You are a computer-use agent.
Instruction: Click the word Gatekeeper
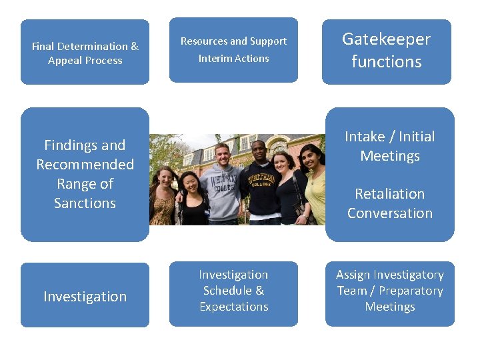pyautogui.click(x=386, y=39)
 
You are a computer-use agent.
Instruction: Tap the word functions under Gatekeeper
pyautogui.click(x=386, y=62)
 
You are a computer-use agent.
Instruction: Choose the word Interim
pyautogui.click(x=214, y=59)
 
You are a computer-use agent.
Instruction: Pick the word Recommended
pyautogui.click(x=85, y=165)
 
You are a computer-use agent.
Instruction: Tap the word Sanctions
pyautogui.click(x=85, y=203)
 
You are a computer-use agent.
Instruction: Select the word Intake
pyautogui.click(x=365, y=137)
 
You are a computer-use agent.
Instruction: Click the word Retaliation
pyautogui.click(x=389, y=194)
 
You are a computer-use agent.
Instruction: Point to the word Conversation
pyautogui.click(x=389, y=213)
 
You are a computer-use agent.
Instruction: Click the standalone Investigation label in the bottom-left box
pyautogui.click(x=85, y=297)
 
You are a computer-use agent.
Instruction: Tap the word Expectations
pyautogui.click(x=233, y=307)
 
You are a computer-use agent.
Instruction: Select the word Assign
pyautogui.click(x=351, y=275)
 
